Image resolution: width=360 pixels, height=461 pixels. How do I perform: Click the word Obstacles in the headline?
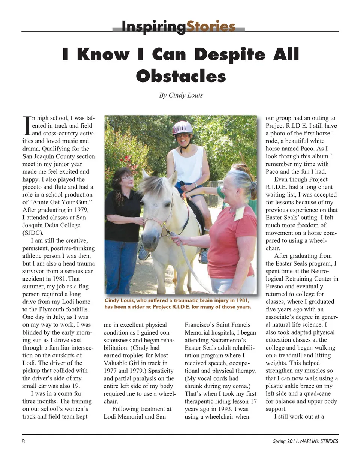[x=181, y=76]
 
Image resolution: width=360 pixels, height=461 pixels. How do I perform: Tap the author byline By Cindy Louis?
[x=181, y=95]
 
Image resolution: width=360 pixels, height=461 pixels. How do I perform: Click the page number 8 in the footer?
[x=23, y=441]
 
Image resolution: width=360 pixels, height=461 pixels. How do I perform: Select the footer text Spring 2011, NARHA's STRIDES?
[x=305, y=441]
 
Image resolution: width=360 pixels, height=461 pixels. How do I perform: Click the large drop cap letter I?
[x=26, y=126]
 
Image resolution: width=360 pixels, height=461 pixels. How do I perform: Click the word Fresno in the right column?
[x=276, y=286]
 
